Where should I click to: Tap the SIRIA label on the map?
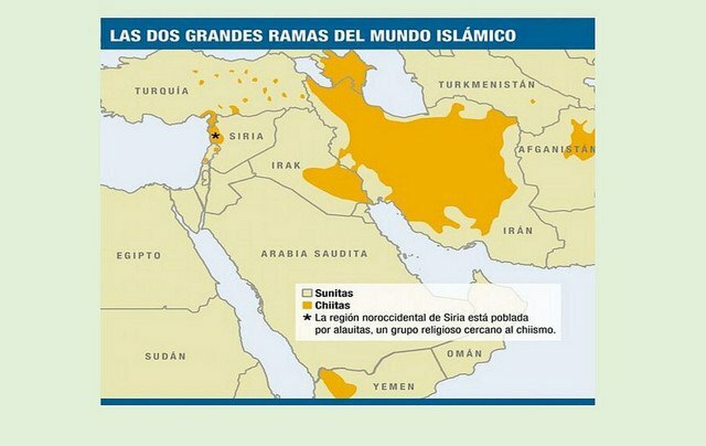246,136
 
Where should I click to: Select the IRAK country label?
286,165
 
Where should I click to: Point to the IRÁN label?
518,230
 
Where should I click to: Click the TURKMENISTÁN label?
487,84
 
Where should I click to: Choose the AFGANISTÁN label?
556,149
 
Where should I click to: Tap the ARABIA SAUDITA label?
314,254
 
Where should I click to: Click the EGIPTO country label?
139,255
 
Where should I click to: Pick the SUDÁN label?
165,356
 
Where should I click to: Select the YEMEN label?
394,387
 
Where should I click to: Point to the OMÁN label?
465,354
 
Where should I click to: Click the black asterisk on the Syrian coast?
215,136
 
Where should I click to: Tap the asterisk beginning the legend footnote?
308,317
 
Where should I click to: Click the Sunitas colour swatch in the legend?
307,293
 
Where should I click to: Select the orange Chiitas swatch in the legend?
307,305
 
